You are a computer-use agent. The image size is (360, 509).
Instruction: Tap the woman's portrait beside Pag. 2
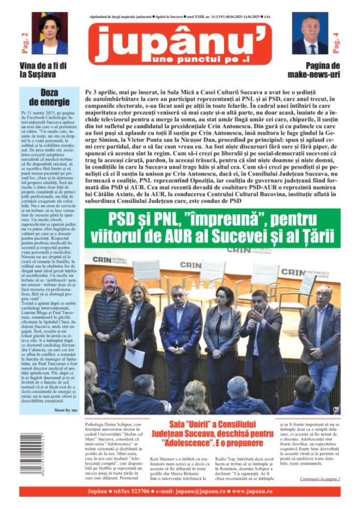tap(50, 34)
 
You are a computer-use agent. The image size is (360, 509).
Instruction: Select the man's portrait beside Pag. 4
tap(309, 34)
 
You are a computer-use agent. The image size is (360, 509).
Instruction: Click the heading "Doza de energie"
tap(50, 97)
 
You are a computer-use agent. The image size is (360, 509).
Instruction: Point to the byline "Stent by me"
tap(66, 409)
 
